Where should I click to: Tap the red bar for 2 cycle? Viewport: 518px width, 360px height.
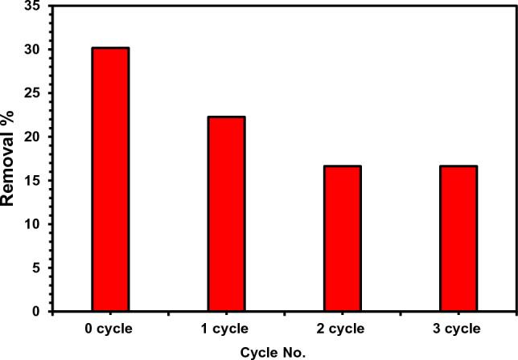click(x=342, y=238)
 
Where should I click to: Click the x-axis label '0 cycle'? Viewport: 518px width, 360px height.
click(x=110, y=328)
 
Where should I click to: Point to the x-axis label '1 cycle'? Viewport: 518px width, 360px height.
click(x=226, y=328)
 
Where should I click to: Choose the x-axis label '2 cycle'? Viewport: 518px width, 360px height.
click(x=342, y=328)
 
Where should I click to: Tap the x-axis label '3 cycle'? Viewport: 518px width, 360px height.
click(x=458, y=328)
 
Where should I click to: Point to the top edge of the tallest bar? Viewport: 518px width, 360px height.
click(x=110, y=48)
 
